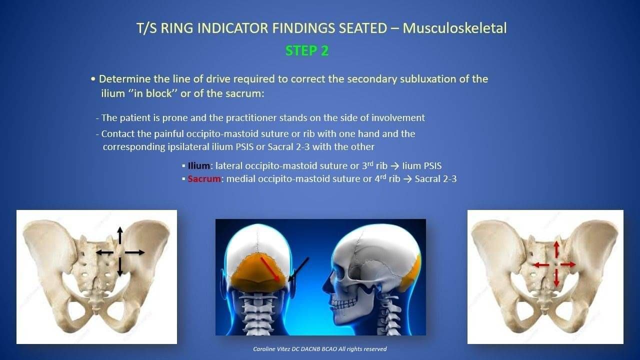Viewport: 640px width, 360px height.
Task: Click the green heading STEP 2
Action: point(307,51)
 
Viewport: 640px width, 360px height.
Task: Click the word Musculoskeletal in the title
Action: point(454,28)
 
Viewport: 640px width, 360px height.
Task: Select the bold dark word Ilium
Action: point(199,165)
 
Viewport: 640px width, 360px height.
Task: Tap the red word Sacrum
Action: point(204,179)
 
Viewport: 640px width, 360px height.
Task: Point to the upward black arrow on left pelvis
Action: point(120,235)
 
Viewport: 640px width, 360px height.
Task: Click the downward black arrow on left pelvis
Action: point(119,267)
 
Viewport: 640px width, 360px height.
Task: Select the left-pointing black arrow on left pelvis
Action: point(104,252)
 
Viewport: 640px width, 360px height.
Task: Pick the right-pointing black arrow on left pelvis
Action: point(135,252)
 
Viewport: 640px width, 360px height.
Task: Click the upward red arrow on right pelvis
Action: point(556,249)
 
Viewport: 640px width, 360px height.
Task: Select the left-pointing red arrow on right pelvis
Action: point(541,265)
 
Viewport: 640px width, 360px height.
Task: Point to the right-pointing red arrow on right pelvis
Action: point(568,264)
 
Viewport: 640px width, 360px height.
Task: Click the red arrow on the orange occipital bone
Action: point(270,269)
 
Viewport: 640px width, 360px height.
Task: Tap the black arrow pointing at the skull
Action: point(298,269)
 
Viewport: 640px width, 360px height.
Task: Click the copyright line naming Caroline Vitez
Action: point(319,349)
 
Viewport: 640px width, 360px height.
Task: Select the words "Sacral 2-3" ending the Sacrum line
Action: point(435,179)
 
